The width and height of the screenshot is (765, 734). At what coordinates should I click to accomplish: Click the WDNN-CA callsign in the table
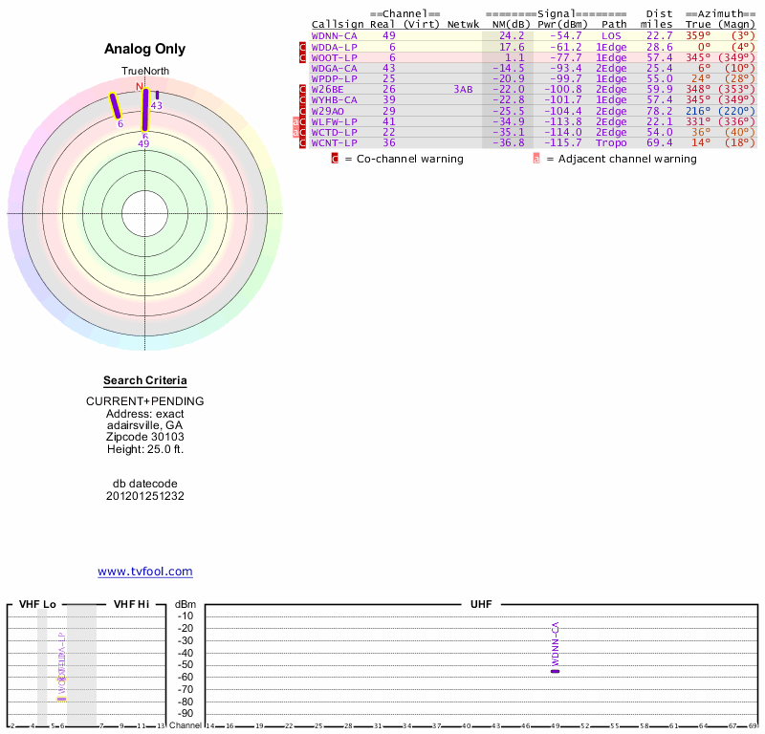(x=334, y=35)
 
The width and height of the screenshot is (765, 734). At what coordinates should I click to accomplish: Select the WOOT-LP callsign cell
(x=334, y=57)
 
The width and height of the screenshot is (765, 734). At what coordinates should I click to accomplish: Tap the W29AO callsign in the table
(x=327, y=111)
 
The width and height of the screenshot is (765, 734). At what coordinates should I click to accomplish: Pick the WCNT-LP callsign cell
(x=334, y=143)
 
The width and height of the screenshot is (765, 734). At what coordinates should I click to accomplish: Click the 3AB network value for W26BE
(x=463, y=90)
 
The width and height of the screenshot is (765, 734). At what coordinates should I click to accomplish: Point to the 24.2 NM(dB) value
(x=512, y=35)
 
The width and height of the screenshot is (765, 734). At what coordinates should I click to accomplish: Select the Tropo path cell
(x=611, y=143)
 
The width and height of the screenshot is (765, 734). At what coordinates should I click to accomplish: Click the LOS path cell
(x=611, y=35)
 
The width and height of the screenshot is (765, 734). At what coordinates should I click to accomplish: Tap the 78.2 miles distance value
(x=659, y=111)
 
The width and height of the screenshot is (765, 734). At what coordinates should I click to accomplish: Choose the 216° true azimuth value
(x=697, y=111)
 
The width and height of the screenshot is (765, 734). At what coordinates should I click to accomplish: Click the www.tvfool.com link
(x=145, y=572)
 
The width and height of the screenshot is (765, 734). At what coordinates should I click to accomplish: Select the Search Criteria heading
(x=145, y=380)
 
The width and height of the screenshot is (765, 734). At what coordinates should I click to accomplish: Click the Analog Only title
(x=145, y=49)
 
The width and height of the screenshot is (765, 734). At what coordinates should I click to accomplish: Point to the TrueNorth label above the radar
(x=145, y=72)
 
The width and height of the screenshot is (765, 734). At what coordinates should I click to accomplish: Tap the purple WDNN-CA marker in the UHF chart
(x=555, y=671)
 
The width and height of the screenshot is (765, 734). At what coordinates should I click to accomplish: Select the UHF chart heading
(x=480, y=605)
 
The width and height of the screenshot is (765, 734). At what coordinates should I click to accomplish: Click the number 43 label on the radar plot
(x=157, y=106)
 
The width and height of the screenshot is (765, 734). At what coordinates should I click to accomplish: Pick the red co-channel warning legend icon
(x=335, y=159)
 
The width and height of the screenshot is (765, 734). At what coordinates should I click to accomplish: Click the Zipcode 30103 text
(x=145, y=436)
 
